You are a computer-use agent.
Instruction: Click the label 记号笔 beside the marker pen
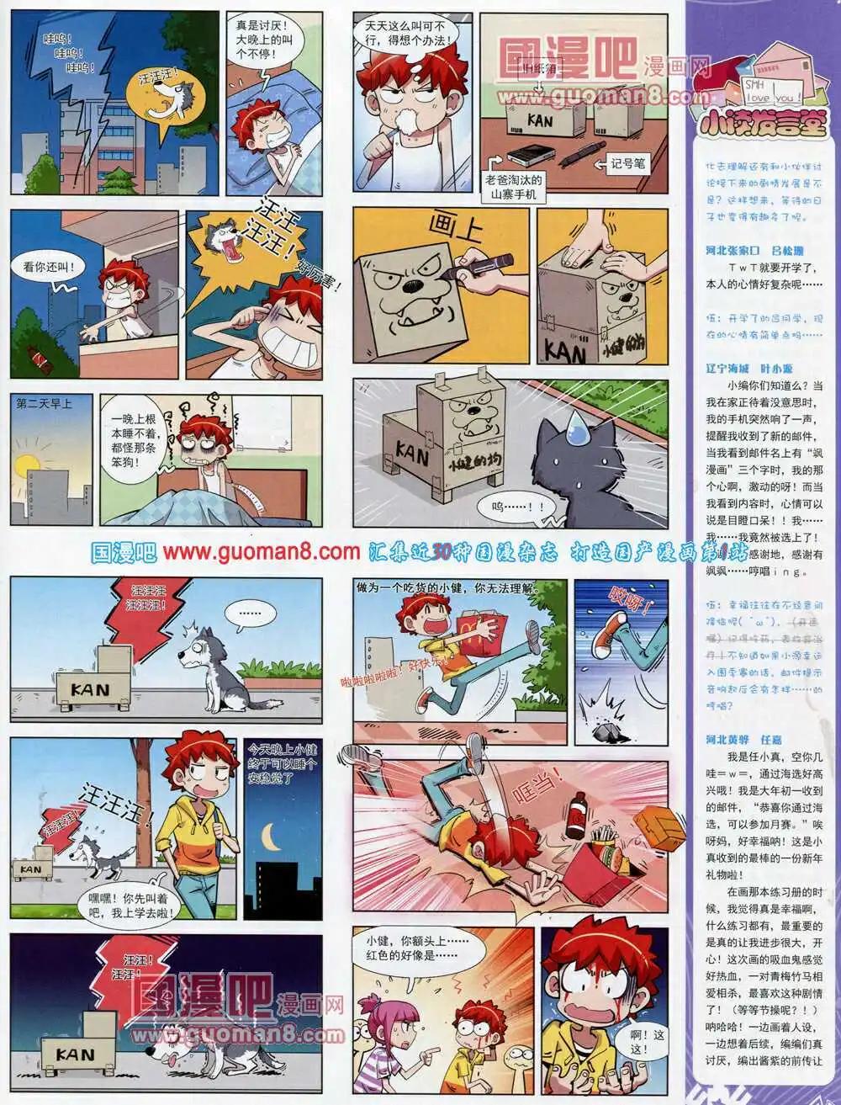pos(627,164)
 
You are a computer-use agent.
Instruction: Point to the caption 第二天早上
pos(44,404)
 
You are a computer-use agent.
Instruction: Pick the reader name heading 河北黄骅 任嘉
pos(743,740)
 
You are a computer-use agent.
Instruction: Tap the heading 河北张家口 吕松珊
pos(754,250)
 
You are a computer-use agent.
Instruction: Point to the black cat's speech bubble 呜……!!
pos(513,507)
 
